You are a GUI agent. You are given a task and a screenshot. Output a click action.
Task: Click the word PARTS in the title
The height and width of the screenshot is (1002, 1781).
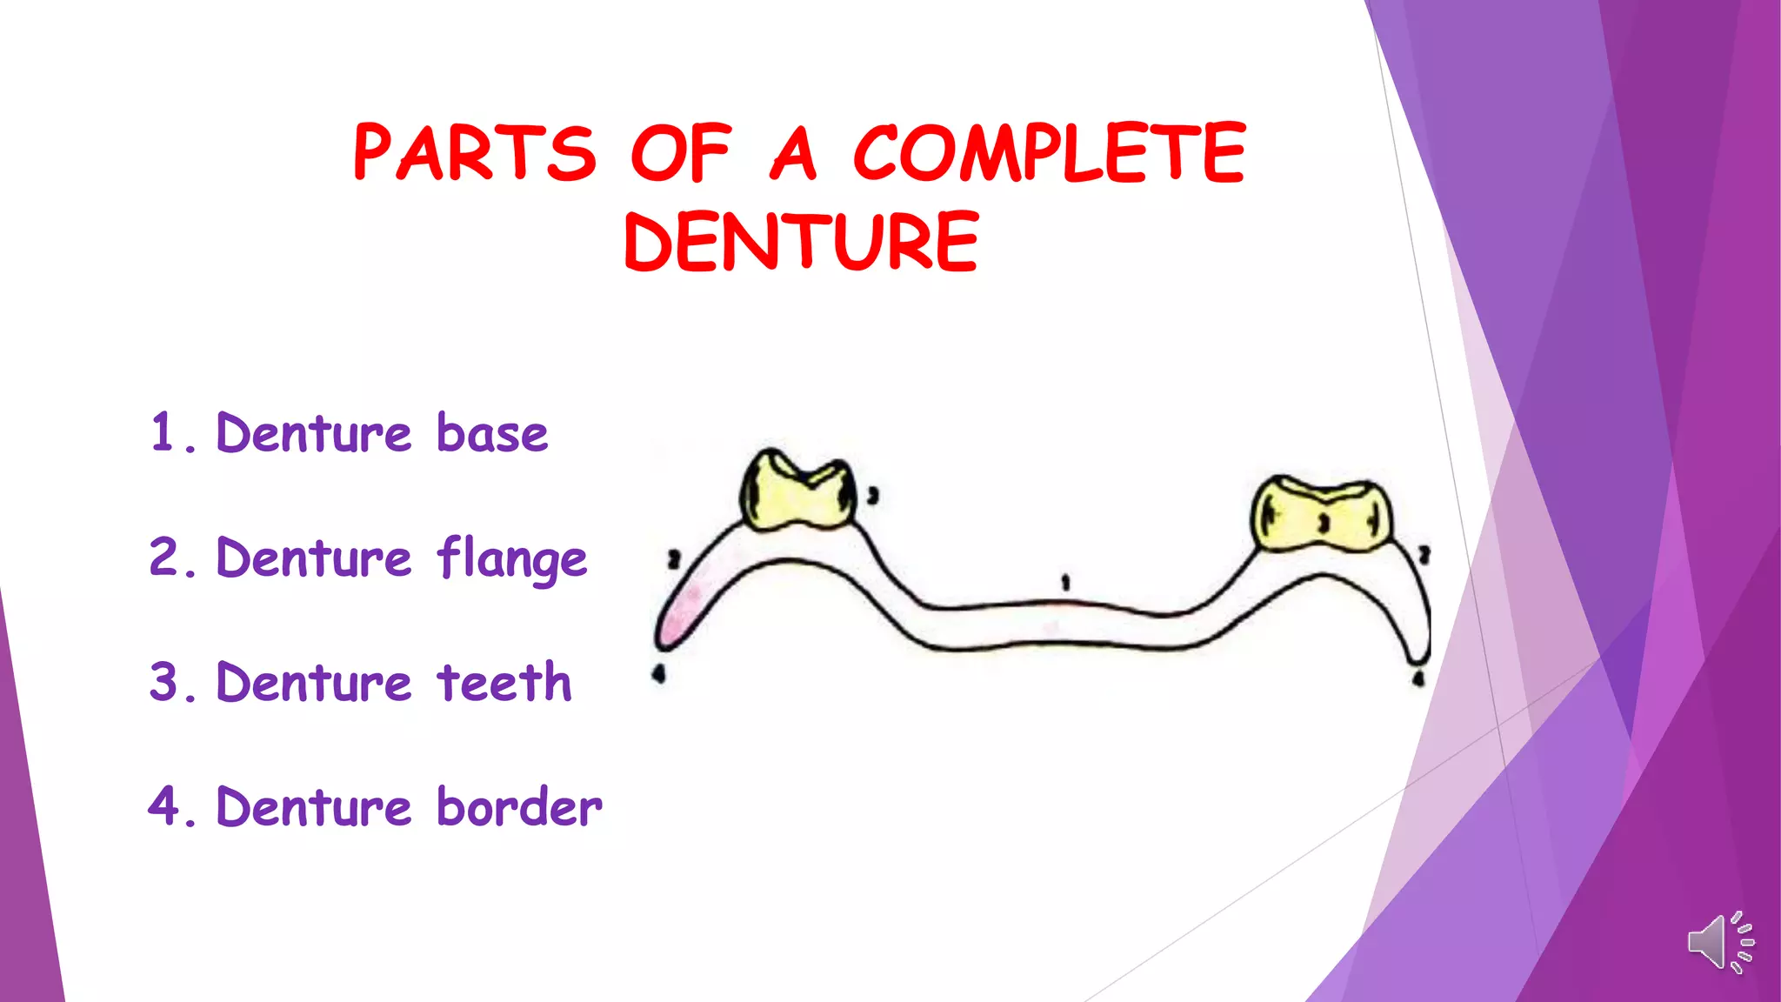coord(475,153)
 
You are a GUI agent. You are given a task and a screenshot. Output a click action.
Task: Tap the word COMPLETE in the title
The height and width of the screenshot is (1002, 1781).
coord(1050,153)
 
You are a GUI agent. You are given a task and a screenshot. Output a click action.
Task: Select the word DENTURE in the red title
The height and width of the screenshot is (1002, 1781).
coord(801,242)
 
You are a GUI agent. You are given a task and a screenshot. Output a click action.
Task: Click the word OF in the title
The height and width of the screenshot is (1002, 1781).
coord(680,153)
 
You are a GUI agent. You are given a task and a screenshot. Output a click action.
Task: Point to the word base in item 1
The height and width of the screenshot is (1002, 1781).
coord(492,433)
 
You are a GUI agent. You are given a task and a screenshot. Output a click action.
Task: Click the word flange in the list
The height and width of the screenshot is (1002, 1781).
coord(512,559)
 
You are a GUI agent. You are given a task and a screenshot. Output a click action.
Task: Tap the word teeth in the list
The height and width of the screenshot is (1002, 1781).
coord(504,683)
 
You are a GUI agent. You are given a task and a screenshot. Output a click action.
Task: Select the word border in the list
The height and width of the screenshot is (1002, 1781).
coord(519,807)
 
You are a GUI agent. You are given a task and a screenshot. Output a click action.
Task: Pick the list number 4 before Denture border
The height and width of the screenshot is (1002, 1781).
coord(163,806)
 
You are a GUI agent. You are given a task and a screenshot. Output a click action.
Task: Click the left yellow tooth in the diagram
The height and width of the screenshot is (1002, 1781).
coord(797,491)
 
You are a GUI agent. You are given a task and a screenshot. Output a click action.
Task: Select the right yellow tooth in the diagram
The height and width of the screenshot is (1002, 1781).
coord(1320,515)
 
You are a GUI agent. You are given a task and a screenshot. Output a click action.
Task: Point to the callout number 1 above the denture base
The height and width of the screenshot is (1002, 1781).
coord(1065,583)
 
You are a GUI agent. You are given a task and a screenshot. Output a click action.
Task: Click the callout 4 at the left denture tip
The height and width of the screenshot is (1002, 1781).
coord(658,673)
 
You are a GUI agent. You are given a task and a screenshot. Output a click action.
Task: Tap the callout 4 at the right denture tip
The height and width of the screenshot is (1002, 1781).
coord(1418,678)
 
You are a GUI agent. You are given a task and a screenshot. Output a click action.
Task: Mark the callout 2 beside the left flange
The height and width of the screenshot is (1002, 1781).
coord(673,559)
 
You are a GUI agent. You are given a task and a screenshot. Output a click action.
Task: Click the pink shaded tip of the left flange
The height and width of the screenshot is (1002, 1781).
coord(678,618)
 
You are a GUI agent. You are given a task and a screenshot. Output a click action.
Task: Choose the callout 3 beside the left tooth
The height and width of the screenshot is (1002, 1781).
coord(873,496)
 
